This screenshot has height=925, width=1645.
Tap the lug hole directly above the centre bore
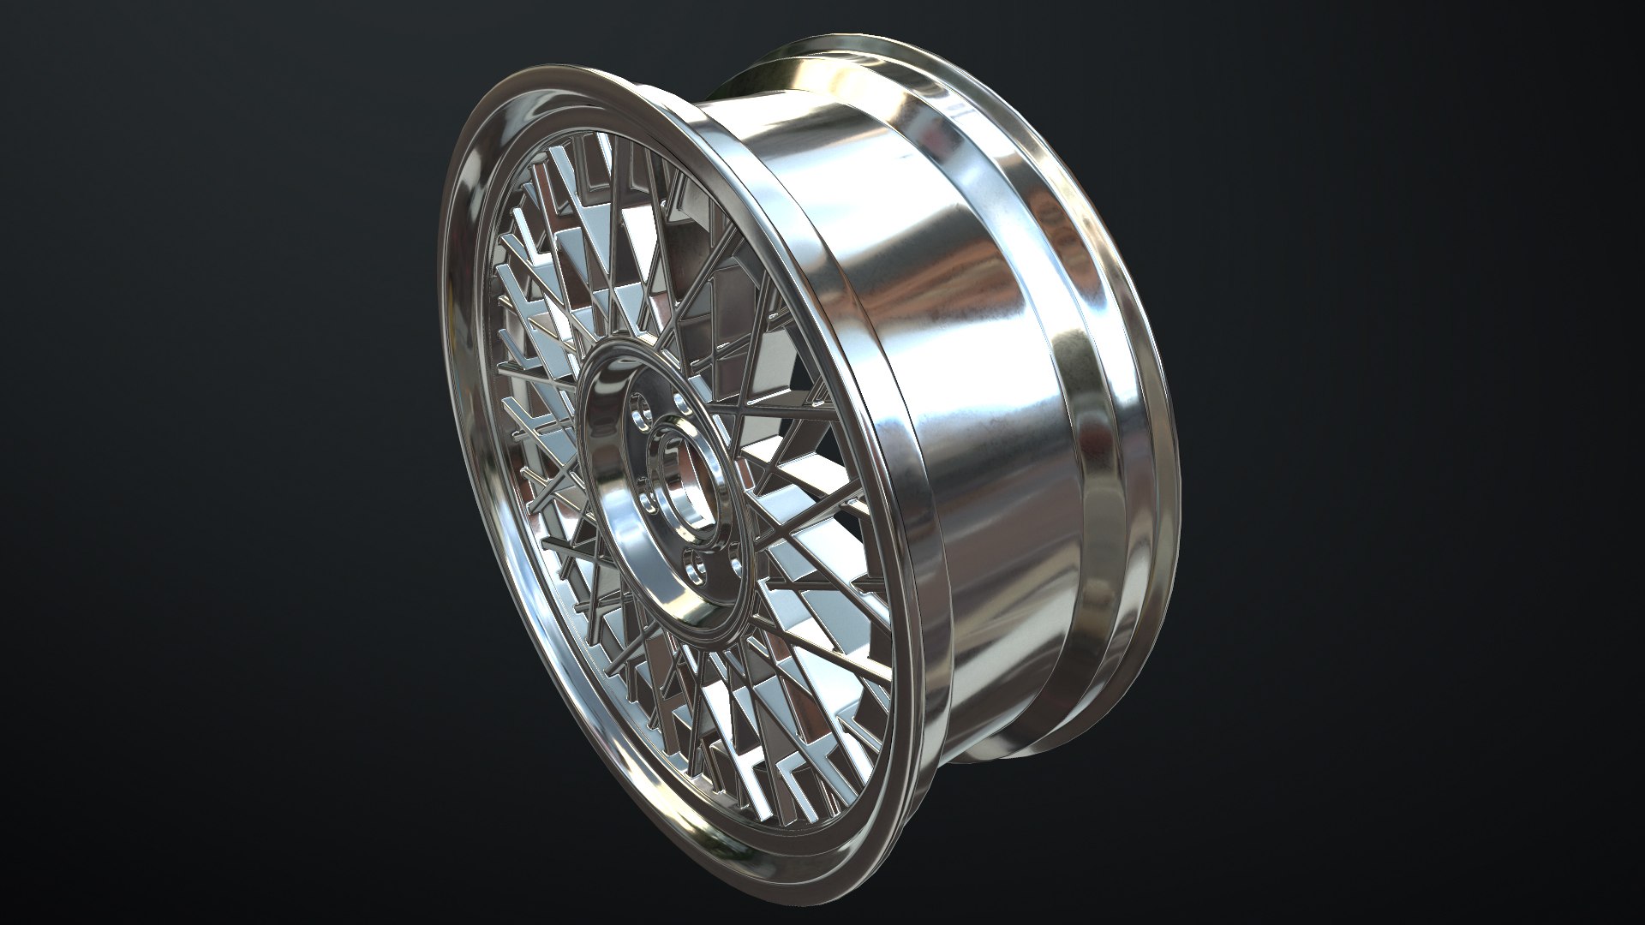(682, 403)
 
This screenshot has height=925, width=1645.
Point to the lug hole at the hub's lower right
(728, 522)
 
